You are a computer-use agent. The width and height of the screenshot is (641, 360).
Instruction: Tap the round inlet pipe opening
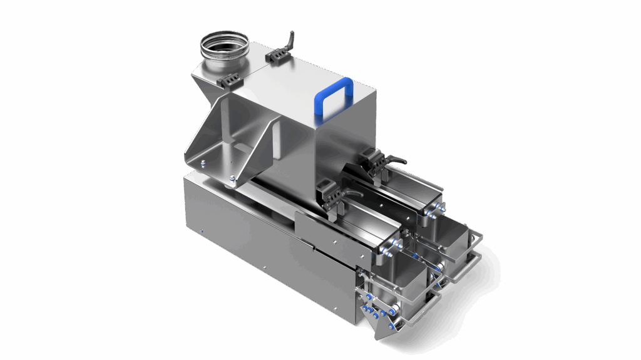pyautogui.click(x=224, y=44)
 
